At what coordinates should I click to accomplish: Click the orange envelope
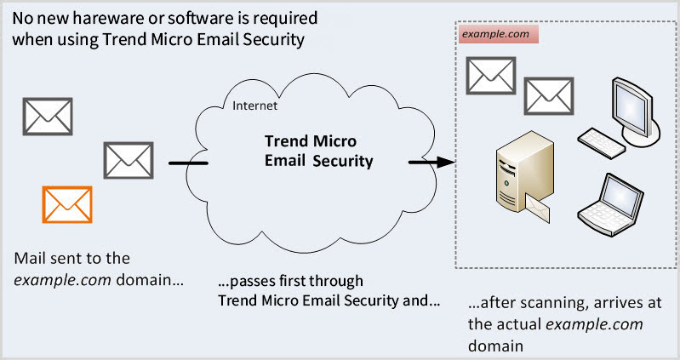pos(67,204)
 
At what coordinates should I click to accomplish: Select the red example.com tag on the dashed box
pos(495,35)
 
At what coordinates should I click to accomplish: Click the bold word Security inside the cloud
pos(341,160)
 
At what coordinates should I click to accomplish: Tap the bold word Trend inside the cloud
pos(286,140)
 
